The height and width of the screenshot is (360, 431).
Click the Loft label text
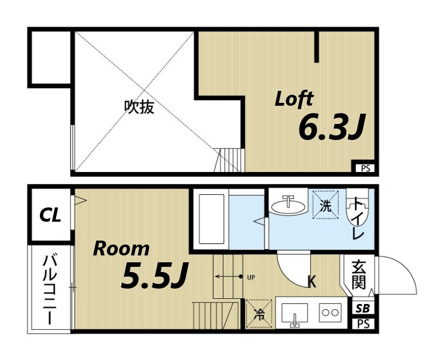pos(294,98)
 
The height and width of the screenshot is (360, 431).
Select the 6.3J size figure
pos(332,129)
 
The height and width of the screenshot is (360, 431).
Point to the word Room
pos(121,249)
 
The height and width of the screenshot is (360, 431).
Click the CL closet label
pos(50,215)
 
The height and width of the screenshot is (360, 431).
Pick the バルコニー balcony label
pos(50,289)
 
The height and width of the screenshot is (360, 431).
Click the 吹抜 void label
pos(139,107)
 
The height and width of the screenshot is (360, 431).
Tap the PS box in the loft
pos(364,168)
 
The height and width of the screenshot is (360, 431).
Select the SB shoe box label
pos(362,309)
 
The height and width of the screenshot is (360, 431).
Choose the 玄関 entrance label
pos(358,274)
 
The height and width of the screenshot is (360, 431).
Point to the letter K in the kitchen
pos(312,281)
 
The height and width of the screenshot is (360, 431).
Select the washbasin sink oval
pos(288,205)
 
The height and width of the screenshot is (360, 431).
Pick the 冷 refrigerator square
pos(258,314)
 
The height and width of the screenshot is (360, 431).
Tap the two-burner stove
pos(330,313)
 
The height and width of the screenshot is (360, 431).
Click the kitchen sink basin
pos(294,313)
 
